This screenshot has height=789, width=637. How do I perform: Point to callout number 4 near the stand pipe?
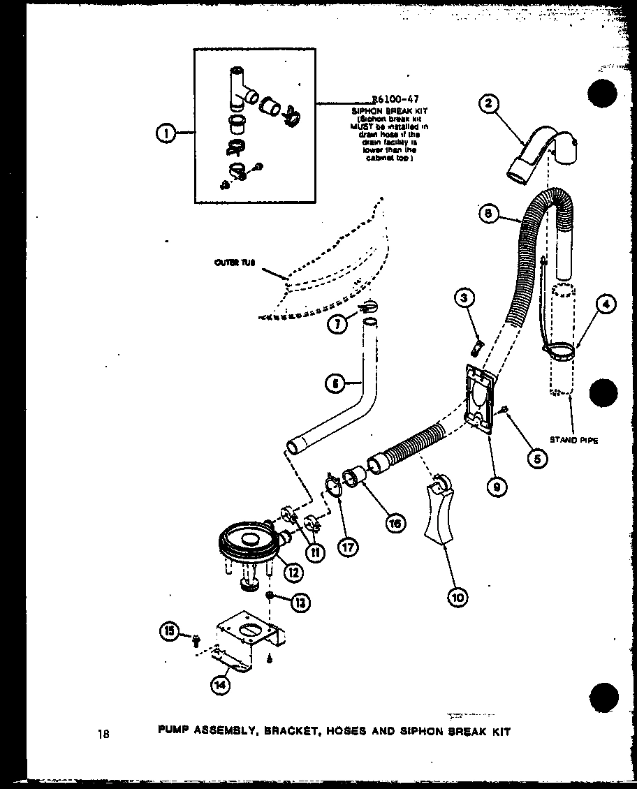tap(606, 304)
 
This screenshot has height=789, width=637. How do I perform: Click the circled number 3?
tap(464, 298)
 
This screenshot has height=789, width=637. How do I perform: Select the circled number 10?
tap(458, 596)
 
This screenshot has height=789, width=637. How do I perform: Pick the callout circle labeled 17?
tap(347, 546)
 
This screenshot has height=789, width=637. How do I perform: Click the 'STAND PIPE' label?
tap(573, 440)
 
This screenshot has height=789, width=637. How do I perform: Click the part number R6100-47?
tap(395, 100)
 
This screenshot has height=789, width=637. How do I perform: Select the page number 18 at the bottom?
tap(105, 732)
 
